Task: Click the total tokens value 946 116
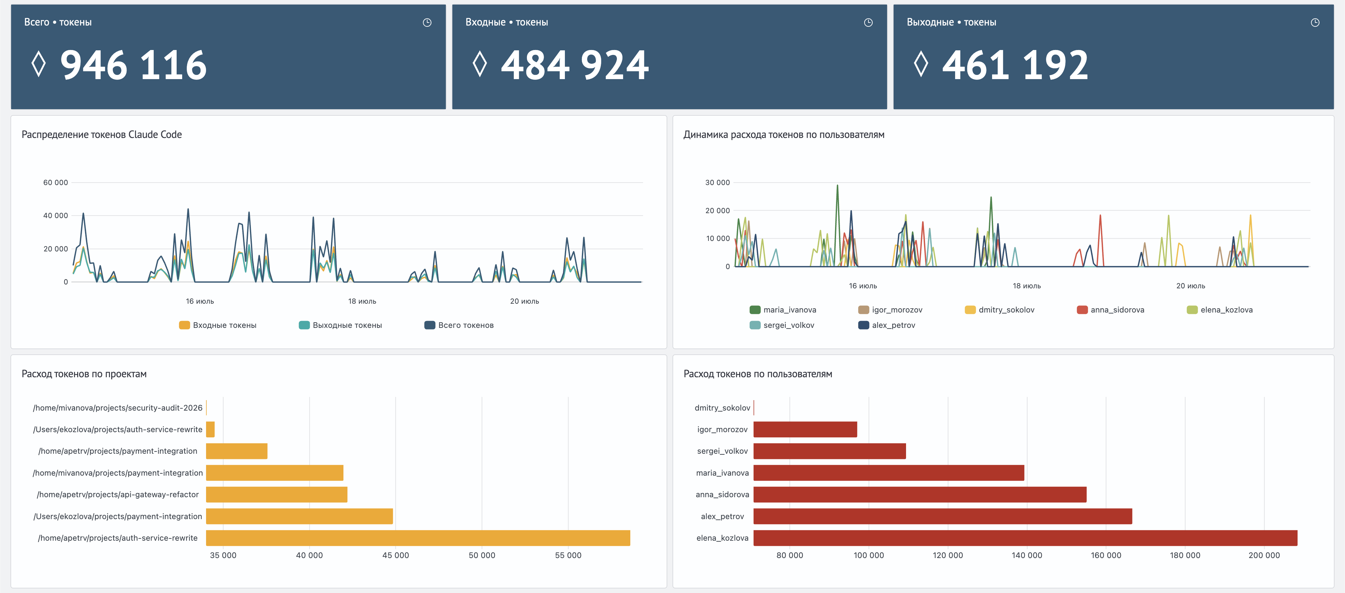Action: point(134,65)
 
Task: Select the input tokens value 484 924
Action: point(575,65)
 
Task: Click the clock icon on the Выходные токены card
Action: point(1315,23)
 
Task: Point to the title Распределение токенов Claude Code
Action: point(102,135)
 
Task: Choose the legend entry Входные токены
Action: point(218,325)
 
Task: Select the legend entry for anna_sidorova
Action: point(1110,310)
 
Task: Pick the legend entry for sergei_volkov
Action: point(782,325)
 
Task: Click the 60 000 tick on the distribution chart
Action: point(55,183)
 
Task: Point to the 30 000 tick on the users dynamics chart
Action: point(717,183)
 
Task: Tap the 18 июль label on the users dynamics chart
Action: point(1026,286)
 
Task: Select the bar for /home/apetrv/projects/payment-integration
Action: point(236,451)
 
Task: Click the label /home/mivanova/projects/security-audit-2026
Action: point(117,408)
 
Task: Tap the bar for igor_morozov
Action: point(805,430)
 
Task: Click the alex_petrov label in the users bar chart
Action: point(722,516)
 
